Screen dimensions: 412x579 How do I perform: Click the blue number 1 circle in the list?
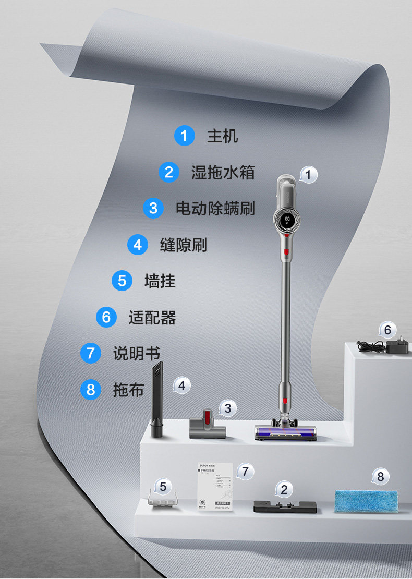(184, 136)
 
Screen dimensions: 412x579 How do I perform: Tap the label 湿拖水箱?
(223, 172)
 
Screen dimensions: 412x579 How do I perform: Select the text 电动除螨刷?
(215, 208)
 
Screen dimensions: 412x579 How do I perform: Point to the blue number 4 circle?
(137, 245)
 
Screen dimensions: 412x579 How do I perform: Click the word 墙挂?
(160, 281)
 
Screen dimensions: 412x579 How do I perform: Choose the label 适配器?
(152, 317)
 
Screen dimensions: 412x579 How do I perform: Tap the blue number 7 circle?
(91, 353)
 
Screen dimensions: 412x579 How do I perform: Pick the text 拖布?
(128, 390)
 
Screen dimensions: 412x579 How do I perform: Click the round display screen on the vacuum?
(285, 221)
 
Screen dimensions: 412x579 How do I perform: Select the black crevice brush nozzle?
(156, 402)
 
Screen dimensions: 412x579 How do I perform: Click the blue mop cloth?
(367, 499)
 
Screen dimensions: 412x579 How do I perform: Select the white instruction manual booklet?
(214, 488)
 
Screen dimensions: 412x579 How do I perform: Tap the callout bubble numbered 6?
(387, 330)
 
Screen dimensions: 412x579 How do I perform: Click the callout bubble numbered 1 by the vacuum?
(308, 175)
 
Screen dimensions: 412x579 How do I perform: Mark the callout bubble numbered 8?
(380, 476)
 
